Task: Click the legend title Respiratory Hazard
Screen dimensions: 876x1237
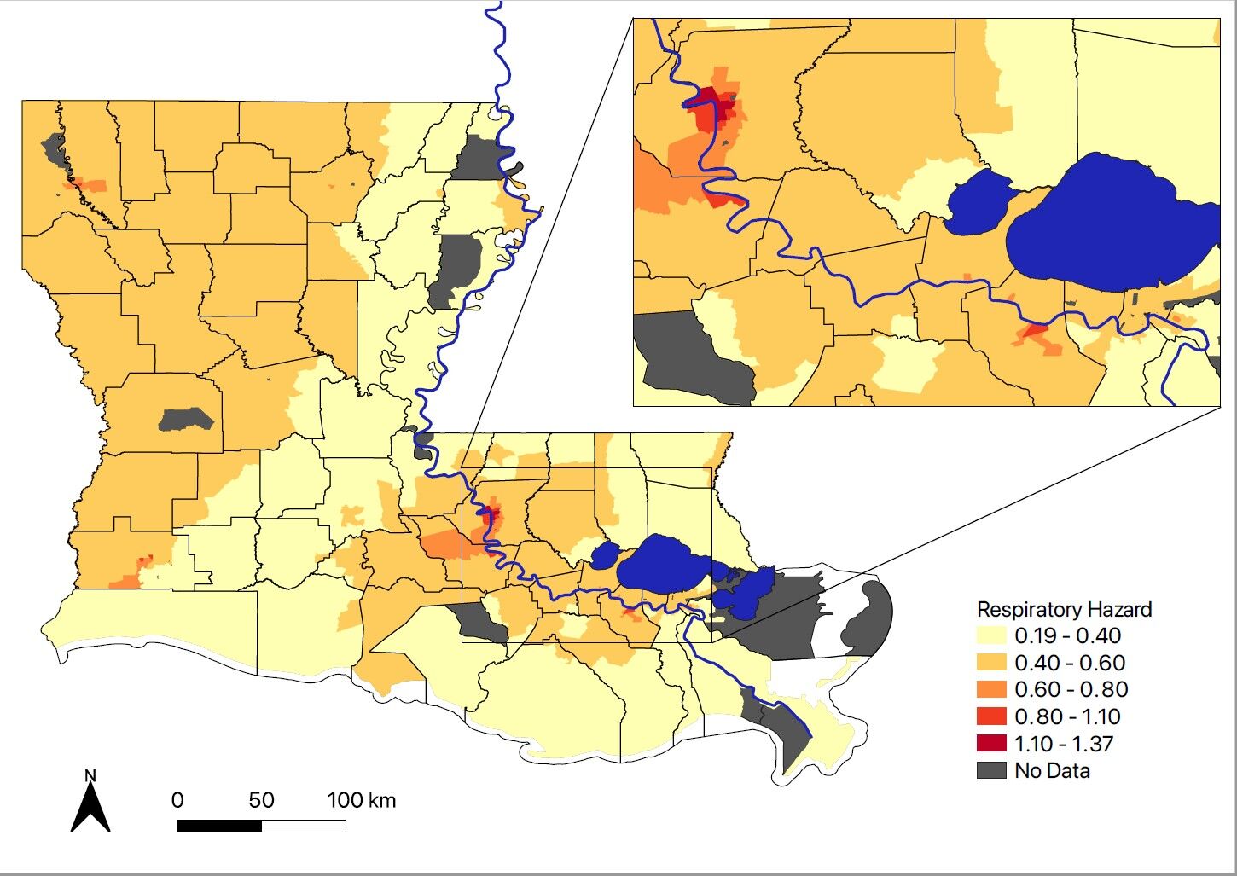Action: pyautogui.click(x=1064, y=610)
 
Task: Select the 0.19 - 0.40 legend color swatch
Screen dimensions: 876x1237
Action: pyautogui.click(x=991, y=636)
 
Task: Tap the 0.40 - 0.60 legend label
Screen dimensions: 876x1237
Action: pyautogui.click(x=1069, y=663)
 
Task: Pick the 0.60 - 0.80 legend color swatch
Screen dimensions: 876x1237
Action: pyautogui.click(x=991, y=689)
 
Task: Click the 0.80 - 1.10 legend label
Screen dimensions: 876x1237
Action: pyautogui.click(x=1067, y=716)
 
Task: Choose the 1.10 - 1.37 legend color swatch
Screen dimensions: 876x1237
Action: pyautogui.click(x=991, y=743)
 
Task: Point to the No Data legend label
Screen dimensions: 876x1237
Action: pyautogui.click(x=1052, y=770)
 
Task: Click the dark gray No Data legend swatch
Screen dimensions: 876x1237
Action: pyautogui.click(x=991, y=770)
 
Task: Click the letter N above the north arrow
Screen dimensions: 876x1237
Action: pyautogui.click(x=90, y=775)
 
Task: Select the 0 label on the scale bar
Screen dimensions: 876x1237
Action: pyautogui.click(x=177, y=800)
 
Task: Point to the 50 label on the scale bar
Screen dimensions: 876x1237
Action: pyautogui.click(x=261, y=800)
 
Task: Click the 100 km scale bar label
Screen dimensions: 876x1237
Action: pyautogui.click(x=362, y=800)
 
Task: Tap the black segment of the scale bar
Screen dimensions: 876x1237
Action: pyautogui.click(x=219, y=826)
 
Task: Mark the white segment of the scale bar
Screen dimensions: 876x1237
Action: pyautogui.click(x=304, y=826)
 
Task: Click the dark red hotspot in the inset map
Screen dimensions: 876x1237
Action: pyautogui.click(x=722, y=107)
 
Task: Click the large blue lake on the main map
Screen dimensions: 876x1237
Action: pyautogui.click(x=661, y=563)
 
